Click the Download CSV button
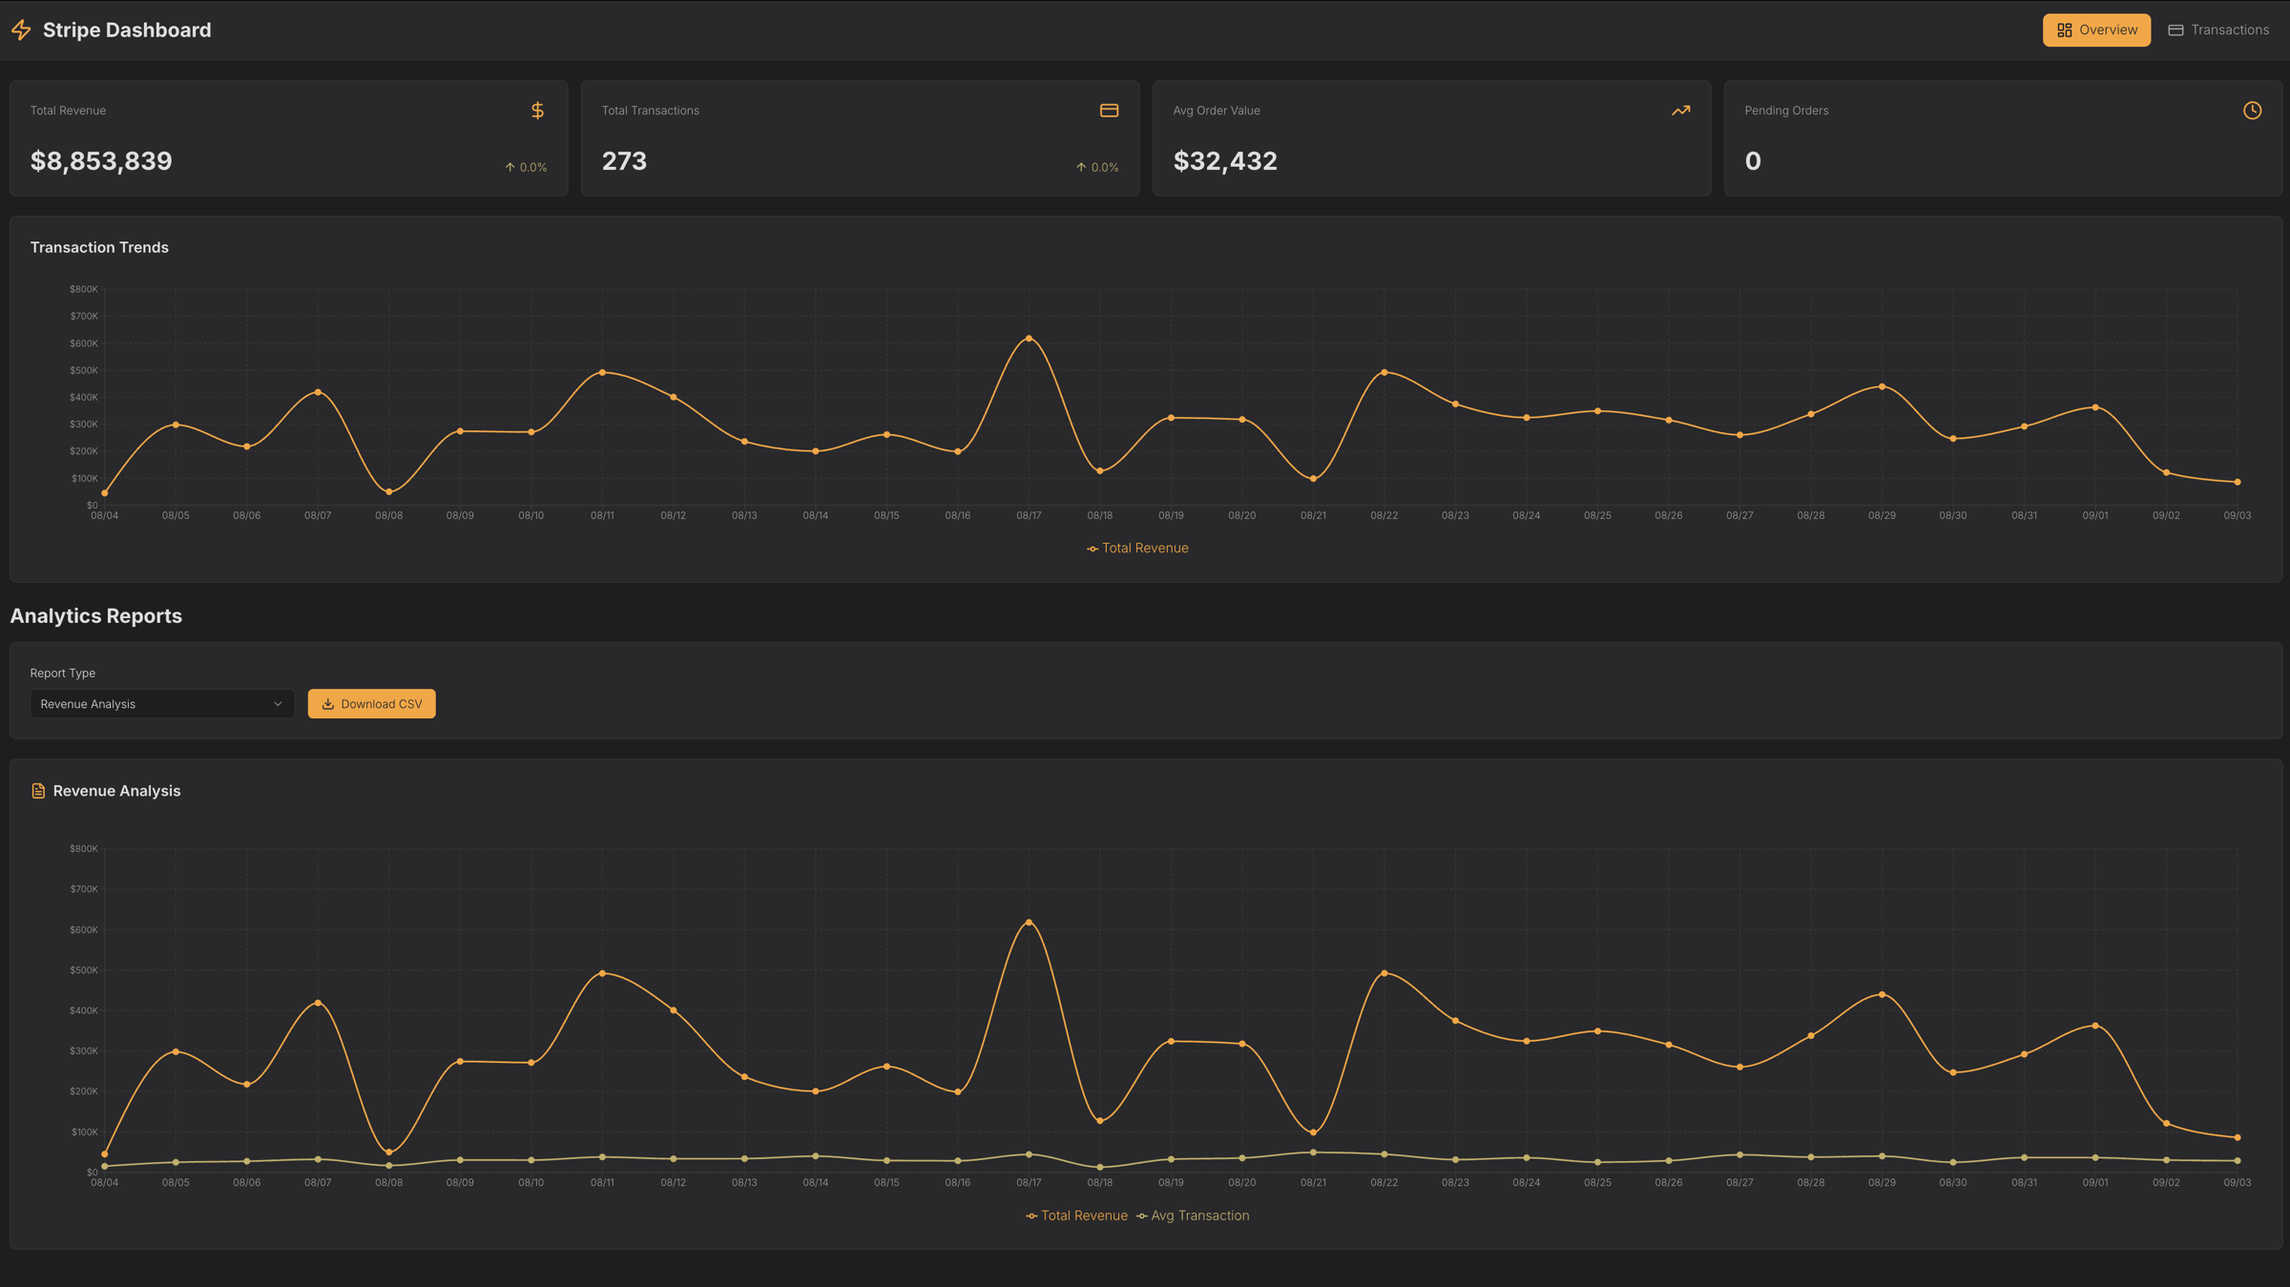(x=371, y=704)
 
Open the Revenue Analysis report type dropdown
(x=161, y=704)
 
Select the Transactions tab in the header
(x=2218, y=31)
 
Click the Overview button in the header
(x=2096, y=31)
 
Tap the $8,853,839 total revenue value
(x=101, y=161)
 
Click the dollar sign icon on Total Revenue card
(x=537, y=111)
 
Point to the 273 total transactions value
(x=624, y=161)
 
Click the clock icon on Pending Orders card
(x=2252, y=111)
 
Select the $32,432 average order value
(x=1224, y=161)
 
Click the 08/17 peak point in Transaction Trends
(x=1029, y=339)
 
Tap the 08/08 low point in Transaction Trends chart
(x=389, y=492)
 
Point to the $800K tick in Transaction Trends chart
(x=84, y=289)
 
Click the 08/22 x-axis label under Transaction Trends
(x=1384, y=515)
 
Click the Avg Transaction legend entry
(x=1193, y=1215)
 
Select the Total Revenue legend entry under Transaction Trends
(x=1137, y=549)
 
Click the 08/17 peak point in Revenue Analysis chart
(x=1029, y=923)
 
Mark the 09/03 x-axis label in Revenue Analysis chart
(x=2237, y=1182)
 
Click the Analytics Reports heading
(x=96, y=616)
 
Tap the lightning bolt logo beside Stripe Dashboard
(x=21, y=31)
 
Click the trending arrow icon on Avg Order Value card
(x=1680, y=111)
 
